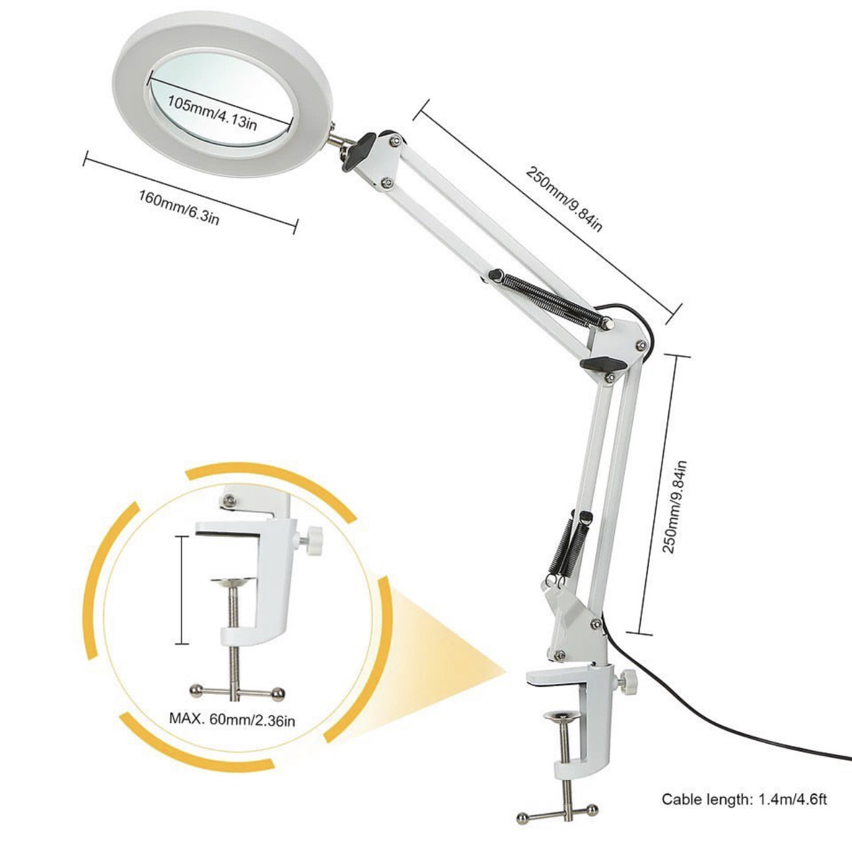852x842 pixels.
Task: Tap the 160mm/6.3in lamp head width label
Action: coord(179,207)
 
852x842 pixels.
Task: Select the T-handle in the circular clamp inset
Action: coord(237,693)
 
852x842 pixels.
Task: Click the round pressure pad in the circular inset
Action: coord(233,582)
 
